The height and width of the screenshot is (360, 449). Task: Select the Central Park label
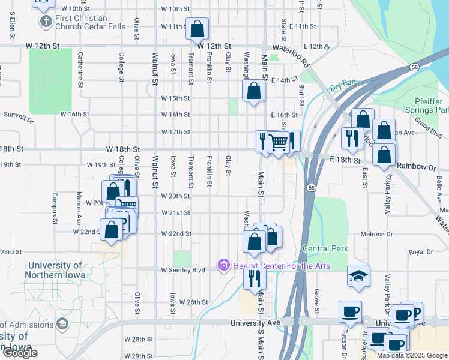pos(325,248)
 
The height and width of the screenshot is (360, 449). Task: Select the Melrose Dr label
pos(410,235)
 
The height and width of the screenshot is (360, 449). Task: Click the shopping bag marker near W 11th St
pos(197,28)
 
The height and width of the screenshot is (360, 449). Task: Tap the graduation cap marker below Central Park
pos(358,276)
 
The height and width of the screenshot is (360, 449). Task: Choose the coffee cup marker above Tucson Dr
pos(350,311)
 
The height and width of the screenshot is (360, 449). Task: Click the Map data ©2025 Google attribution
pos(411,355)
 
